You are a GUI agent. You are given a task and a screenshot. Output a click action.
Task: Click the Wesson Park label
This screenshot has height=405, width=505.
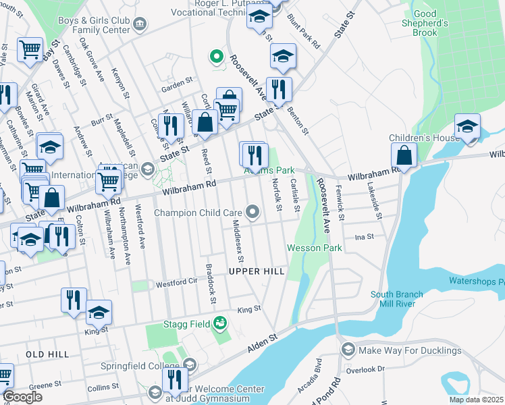pos(315,248)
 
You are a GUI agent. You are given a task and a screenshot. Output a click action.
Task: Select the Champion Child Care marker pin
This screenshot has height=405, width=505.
pos(253,213)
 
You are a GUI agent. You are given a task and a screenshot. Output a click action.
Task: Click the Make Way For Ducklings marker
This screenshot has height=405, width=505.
pos(348,350)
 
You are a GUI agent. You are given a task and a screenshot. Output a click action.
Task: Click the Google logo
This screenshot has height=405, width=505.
pos(22,397)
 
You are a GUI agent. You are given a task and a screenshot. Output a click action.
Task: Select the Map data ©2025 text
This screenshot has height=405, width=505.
pos(476,400)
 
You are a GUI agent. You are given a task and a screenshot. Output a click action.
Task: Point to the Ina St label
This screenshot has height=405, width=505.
pos(364,237)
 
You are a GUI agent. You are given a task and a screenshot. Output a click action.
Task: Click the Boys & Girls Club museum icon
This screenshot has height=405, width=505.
pos(140,24)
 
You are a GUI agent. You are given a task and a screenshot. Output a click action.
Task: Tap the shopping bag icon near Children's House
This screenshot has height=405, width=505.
pos(404,156)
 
